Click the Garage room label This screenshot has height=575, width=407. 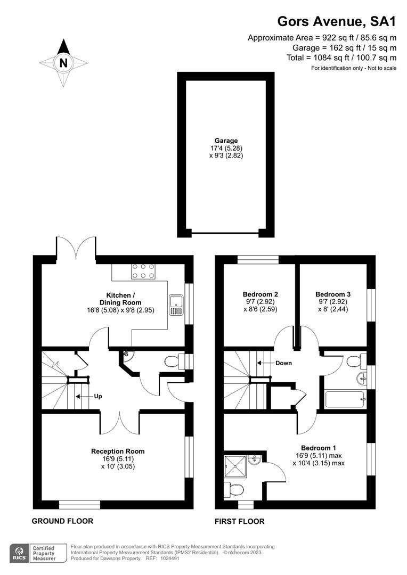point(226,141)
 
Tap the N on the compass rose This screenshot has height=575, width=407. point(64,63)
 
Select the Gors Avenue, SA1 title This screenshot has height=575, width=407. point(337,21)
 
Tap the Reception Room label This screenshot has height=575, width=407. point(118,451)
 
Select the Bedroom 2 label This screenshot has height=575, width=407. point(260,294)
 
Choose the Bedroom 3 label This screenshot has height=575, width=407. point(333,294)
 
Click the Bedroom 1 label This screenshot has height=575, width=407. point(318,448)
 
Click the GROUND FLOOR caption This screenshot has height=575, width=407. point(62,521)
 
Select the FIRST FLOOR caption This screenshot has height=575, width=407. point(239,521)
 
